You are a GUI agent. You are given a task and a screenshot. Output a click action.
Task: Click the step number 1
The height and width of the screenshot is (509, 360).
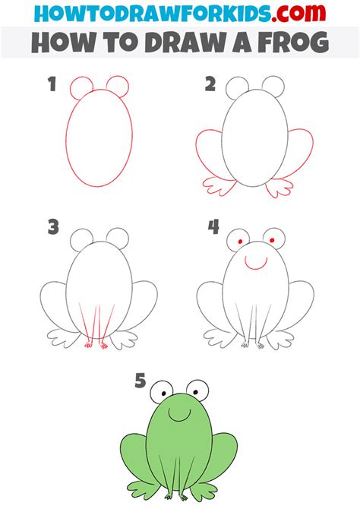point(52,84)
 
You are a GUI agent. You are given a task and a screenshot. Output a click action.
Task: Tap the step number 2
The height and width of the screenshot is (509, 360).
point(210,84)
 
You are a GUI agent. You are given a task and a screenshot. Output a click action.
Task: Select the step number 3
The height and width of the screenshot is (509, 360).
point(53,227)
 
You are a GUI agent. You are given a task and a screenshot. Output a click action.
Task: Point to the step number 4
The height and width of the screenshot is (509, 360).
point(213,227)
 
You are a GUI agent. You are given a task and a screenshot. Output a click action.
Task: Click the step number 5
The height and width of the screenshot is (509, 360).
point(141,381)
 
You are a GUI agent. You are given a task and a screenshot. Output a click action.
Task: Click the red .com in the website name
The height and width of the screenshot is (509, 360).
point(298,14)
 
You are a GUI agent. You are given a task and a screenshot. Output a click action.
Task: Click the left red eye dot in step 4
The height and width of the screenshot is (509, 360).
point(240,242)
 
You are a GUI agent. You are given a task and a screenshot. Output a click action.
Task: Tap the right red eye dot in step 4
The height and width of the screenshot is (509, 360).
point(272,241)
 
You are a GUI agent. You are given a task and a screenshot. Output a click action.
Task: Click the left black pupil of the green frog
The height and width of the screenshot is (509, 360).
point(164,394)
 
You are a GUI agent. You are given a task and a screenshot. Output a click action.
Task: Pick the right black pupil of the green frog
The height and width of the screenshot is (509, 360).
point(197,392)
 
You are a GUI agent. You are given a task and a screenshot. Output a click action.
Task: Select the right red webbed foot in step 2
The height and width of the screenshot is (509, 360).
point(279,188)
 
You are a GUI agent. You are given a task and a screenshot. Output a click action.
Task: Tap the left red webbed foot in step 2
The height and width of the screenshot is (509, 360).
point(219,187)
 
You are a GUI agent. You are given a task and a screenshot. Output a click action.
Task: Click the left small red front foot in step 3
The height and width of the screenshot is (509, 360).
point(88,344)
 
